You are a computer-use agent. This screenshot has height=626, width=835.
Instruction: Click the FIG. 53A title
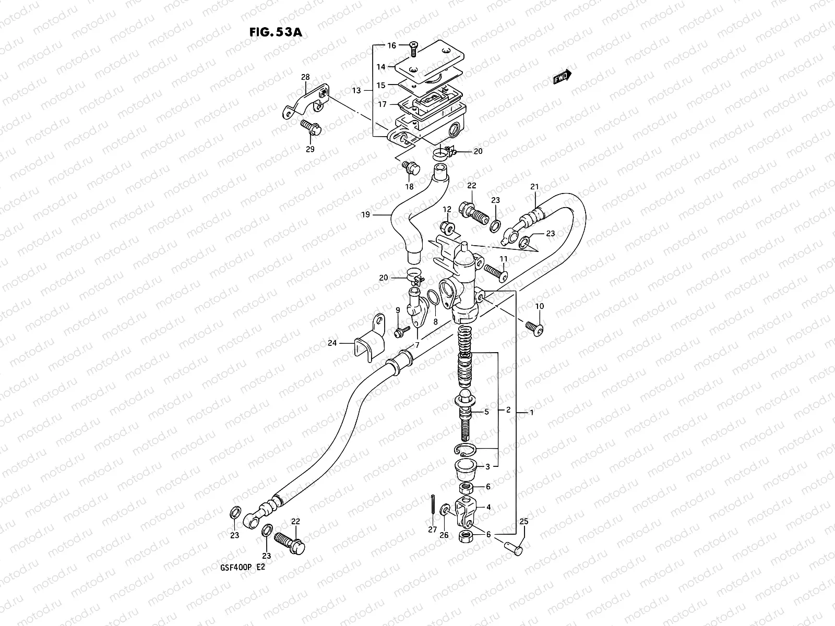pyautogui.click(x=276, y=32)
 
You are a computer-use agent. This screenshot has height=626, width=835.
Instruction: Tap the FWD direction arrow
pyautogui.click(x=563, y=76)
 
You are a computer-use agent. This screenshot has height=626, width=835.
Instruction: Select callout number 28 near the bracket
pyautogui.click(x=305, y=77)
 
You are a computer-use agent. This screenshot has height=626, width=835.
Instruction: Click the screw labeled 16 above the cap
pyautogui.click(x=413, y=49)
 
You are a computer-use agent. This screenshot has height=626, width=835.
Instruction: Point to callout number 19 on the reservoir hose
pyautogui.click(x=365, y=214)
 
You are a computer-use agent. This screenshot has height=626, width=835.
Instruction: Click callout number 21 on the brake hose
pyautogui.click(x=534, y=187)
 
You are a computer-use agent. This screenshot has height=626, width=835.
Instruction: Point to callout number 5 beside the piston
pyautogui.click(x=486, y=412)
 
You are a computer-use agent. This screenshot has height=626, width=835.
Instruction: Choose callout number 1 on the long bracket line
pyautogui.click(x=531, y=413)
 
